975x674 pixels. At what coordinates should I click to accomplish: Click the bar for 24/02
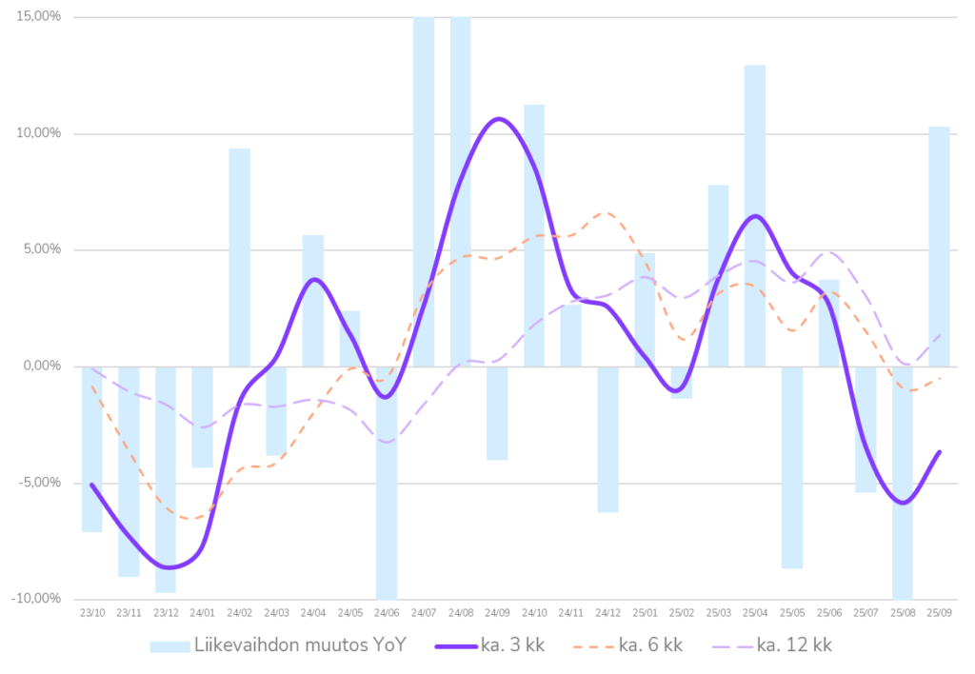239,257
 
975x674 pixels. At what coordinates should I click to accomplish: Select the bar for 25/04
755,215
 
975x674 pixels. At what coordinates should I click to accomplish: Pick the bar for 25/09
939,246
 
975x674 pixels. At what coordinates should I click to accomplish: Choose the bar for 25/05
792,467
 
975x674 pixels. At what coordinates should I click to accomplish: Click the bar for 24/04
313,300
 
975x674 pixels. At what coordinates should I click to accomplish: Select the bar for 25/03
718,275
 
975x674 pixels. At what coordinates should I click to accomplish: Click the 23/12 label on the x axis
166,614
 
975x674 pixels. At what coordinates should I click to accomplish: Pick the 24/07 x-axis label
424,614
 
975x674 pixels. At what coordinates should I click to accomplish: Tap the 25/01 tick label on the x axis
645,614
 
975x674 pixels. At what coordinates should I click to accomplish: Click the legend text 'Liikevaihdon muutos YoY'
301,645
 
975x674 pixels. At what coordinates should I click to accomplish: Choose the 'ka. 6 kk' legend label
650,645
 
